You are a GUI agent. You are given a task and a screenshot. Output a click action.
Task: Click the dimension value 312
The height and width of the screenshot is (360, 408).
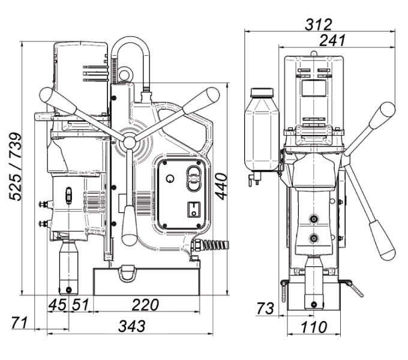(x=319, y=25)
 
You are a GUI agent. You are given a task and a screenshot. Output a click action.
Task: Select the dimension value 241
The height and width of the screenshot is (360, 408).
(x=332, y=40)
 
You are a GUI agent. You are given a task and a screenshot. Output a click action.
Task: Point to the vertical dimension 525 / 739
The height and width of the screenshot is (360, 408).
(x=15, y=166)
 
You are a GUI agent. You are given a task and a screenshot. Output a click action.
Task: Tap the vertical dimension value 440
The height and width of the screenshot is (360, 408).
(x=221, y=186)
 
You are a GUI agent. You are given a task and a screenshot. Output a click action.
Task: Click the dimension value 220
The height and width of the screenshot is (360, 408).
(x=145, y=305)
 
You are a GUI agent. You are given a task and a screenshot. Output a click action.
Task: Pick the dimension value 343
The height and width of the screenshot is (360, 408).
(x=131, y=326)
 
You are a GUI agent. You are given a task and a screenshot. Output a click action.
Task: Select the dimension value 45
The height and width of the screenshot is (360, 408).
(x=58, y=305)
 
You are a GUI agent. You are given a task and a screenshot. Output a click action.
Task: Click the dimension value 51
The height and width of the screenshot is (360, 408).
(x=80, y=305)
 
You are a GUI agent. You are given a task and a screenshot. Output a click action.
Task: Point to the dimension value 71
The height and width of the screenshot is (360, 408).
(x=20, y=323)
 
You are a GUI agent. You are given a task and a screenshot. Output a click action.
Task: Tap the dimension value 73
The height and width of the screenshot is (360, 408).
(x=265, y=308)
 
